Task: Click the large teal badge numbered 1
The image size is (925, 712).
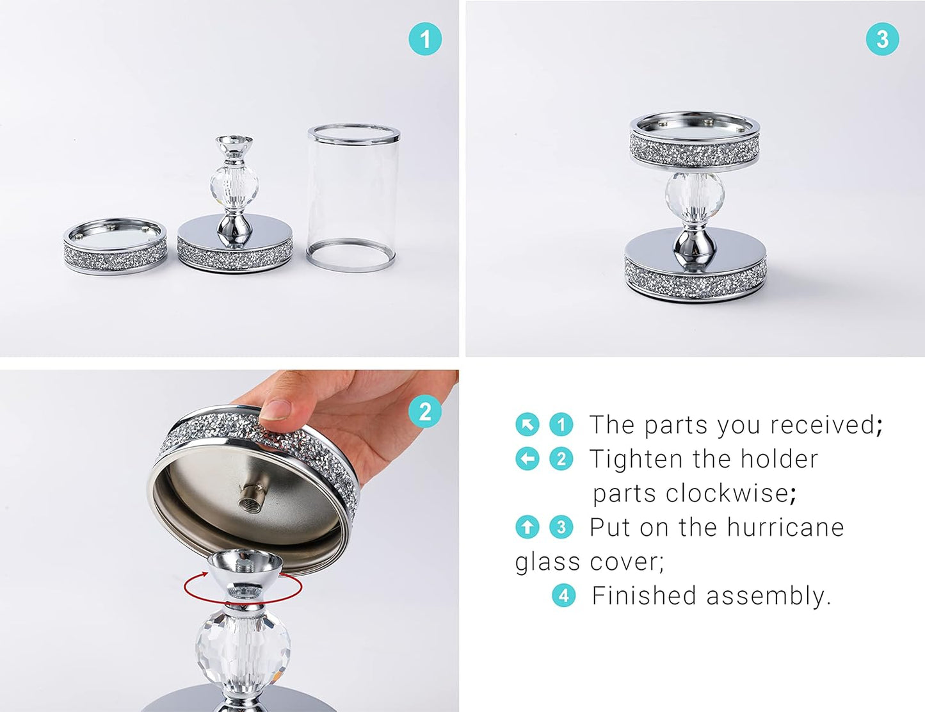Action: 425,39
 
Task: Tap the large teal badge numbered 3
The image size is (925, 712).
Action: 882,39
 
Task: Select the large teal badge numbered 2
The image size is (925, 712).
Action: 425,412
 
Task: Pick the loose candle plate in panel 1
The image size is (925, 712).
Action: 115,246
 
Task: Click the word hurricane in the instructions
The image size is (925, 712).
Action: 785,528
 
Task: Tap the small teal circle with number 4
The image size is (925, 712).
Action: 563,596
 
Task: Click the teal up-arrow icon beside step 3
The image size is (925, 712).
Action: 527,528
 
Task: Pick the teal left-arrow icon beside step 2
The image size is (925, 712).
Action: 527,459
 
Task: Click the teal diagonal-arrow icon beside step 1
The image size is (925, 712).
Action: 527,425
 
